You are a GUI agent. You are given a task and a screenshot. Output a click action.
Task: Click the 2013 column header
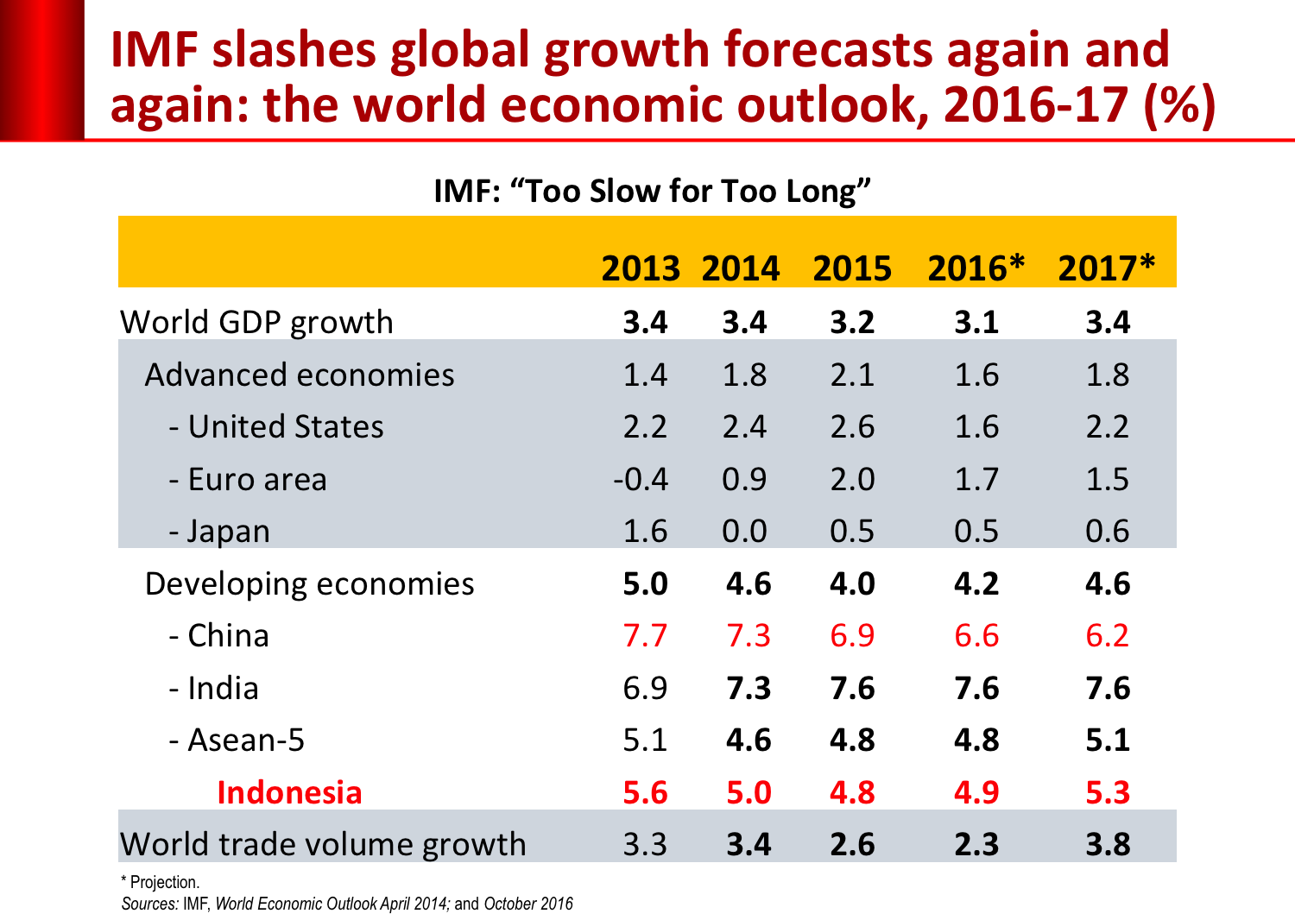click(x=641, y=268)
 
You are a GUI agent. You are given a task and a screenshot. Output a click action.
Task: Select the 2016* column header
click(x=976, y=268)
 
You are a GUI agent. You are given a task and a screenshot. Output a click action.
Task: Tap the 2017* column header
click(x=1106, y=268)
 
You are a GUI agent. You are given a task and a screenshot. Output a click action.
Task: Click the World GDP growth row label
click(x=256, y=323)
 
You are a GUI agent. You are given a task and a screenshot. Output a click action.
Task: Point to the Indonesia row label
click(x=289, y=793)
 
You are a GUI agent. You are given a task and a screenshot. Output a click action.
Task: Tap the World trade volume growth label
click(x=323, y=845)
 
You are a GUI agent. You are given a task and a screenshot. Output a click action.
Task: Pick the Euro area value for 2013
click(x=641, y=480)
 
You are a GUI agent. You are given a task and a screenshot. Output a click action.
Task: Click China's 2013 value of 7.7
click(x=645, y=636)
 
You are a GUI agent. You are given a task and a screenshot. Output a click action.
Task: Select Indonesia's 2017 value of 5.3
click(x=1108, y=793)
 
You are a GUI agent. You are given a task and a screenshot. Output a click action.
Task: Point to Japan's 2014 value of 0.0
click(x=744, y=532)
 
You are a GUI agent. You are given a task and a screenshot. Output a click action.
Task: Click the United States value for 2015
click(x=852, y=427)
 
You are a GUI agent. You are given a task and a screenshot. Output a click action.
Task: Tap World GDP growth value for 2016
click(x=976, y=323)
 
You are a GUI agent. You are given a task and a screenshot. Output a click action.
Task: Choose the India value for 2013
click(x=645, y=689)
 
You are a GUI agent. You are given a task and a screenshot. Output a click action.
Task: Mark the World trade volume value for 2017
click(x=1108, y=845)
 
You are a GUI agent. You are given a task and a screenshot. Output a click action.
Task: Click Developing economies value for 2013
click(x=645, y=584)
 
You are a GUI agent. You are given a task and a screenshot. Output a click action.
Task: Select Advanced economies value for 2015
click(x=852, y=375)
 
